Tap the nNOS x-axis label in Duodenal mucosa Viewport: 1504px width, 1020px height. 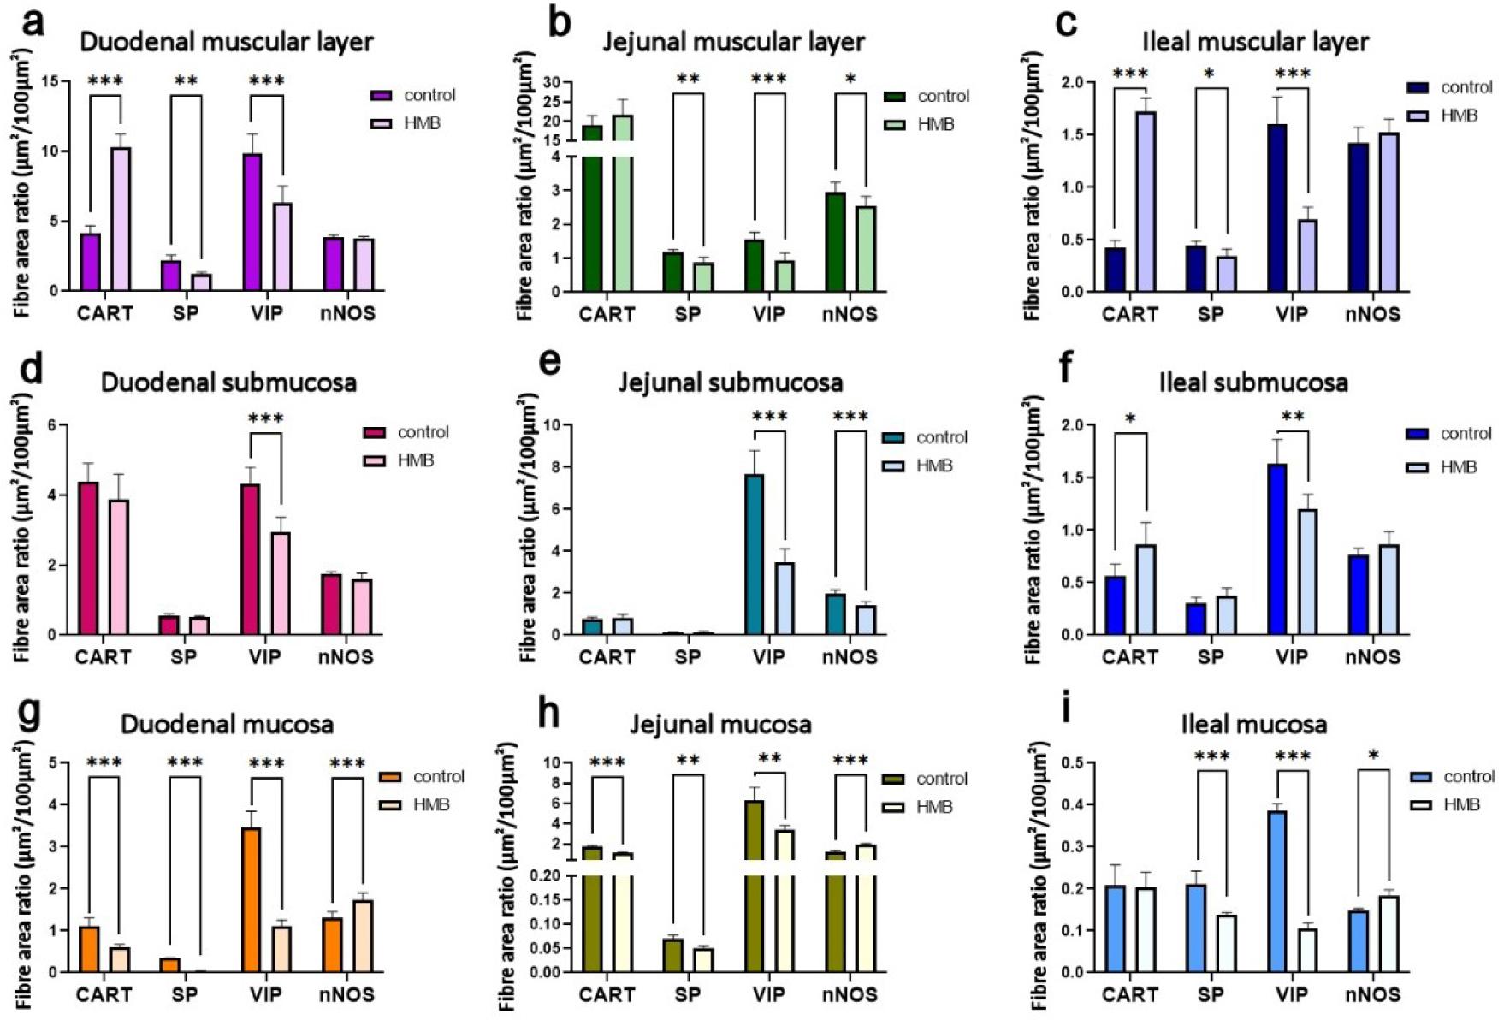point(346,995)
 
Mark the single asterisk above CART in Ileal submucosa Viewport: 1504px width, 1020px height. point(1130,418)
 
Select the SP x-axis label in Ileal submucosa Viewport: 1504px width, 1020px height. point(1211,657)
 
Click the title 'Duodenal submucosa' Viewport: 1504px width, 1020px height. point(228,382)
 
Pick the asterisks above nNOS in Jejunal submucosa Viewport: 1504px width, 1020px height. point(850,417)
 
